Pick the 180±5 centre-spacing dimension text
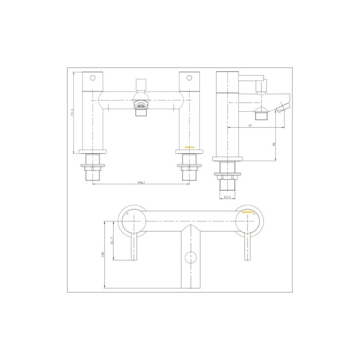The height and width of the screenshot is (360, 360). pyautogui.click(x=140, y=183)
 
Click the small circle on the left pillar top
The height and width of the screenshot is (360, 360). pyautogui.click(x=93, y=77)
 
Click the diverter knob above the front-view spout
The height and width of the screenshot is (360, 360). pyautogui.click(x=141, y=84)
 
